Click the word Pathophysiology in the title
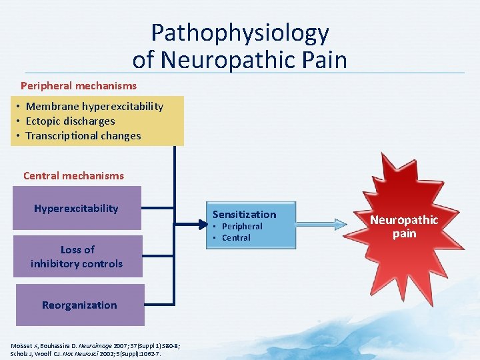pos(239,33)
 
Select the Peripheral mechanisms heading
pos(79,86)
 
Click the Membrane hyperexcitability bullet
pos(94,107)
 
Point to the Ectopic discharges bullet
pos(70,121)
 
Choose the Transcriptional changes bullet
pos(83,136)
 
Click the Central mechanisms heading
pos(73,176)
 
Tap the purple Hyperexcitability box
pos(76,209)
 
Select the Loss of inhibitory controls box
pos(77,257)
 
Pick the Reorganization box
pos(79,305)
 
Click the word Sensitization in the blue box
pos(244,215)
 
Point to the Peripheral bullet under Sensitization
pos(242,227)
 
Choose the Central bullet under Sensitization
pos(236,238)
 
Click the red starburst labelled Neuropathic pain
pos(404,227)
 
